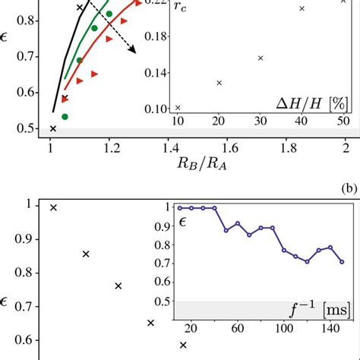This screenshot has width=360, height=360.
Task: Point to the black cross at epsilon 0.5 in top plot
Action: pos(52,128)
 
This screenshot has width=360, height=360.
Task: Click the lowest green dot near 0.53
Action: pos(65,116)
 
